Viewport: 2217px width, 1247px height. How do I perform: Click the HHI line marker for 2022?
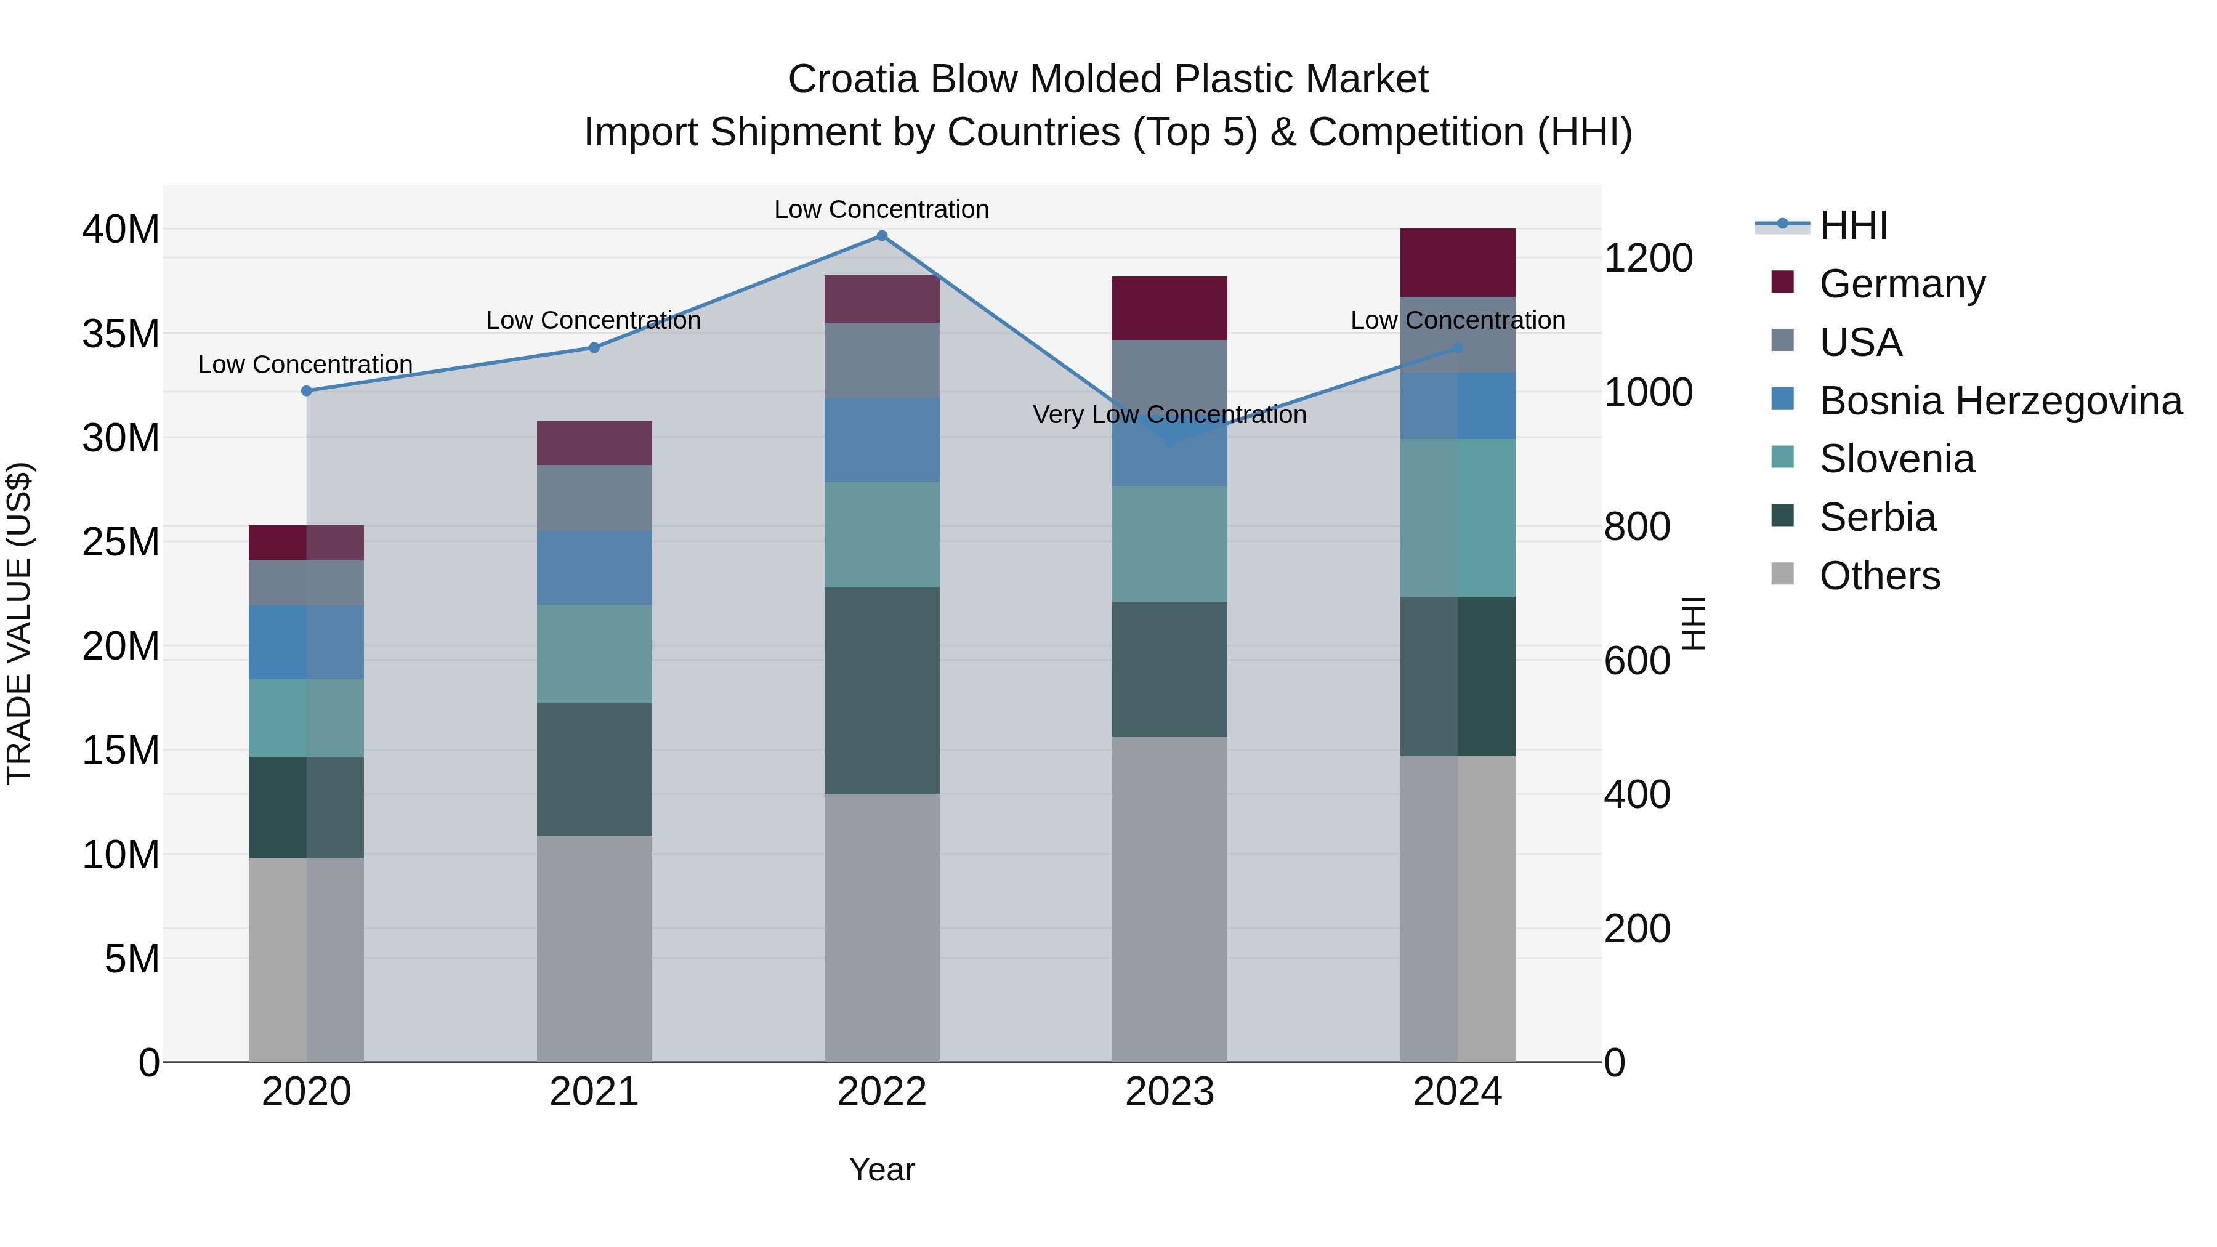pyautogui.click(x=881, y=235)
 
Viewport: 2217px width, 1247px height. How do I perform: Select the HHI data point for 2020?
pyautogui.click(x=307, y=390)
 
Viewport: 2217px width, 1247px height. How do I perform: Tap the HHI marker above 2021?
pyautogui.click(x=594, y=348)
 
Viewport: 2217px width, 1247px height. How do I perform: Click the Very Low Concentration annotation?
pyautogui.click(x=1169, y=415)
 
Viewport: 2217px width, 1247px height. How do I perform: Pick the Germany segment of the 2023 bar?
pyautogui.click(x=1169, y=308)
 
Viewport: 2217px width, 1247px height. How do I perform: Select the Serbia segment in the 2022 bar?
pyautogui.click(x=881, y=690)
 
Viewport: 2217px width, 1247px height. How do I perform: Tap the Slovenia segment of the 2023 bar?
pyautogui.click(x=1169, y=543)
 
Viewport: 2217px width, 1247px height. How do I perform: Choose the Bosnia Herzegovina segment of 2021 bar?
pyautogui.click(x=594, y=567)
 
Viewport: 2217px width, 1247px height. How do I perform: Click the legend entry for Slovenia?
pyautogui.click(x=1896, y=459)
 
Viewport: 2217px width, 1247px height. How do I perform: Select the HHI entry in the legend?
pyautogui.click(x=1853, y=225)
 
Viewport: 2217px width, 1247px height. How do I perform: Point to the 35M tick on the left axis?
pyautogui.click(x=121, y=334)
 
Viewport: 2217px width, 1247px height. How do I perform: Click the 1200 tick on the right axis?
pyautogui.click(x=1648, y=258)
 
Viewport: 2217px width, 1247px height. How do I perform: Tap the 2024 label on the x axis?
pyautogui.click(x=1457, y=1092)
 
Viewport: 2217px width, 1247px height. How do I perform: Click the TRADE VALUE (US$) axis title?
pyautogui.click(x=20, y=623)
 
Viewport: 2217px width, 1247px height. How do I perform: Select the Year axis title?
pyautogui.click(x=881, y=1169)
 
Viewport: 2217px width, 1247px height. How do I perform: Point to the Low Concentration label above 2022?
pyautogui.click(x=881, y=209)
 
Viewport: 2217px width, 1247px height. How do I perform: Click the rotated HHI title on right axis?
pyautogui.click(x=1693, y=623)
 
